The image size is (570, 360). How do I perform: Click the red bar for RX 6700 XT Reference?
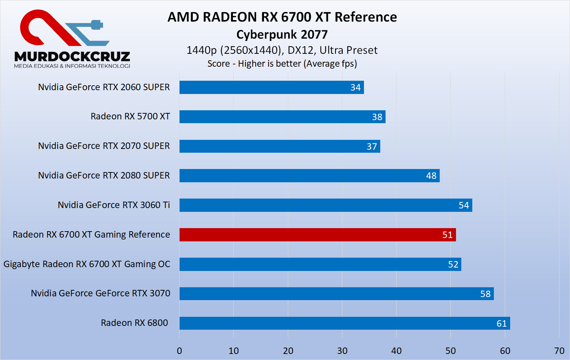point(317,235)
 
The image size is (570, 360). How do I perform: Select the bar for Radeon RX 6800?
point(344,323)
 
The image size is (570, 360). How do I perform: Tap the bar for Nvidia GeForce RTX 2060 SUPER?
point(271,87)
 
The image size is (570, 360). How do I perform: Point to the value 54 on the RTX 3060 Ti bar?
point(464,205)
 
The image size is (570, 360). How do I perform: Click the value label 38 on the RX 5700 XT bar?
point(377,117)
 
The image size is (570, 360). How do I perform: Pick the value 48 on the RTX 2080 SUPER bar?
point(431,176)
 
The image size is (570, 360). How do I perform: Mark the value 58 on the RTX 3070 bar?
point(485,294)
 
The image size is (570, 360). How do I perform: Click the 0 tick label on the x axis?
point(180,351)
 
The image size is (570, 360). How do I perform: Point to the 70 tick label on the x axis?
point(559,351)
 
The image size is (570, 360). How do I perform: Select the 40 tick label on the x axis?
point(396,351)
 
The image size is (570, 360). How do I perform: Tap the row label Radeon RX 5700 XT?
point(130,116)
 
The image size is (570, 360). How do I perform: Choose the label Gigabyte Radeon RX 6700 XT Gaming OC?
point(87,264)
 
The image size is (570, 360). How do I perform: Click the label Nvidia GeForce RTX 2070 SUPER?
point(104,146)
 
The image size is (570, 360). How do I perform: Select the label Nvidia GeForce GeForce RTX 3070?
point(100,293)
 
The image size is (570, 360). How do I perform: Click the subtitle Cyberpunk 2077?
point(282,34)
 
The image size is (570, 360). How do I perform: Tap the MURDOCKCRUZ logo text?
point(72,57)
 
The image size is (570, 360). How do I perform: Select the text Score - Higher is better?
point(254,64)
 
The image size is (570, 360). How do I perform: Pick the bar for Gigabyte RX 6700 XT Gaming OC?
point(320,265)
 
